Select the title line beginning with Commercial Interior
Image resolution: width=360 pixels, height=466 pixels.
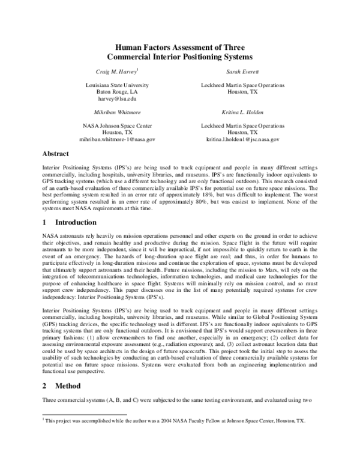[180, 57]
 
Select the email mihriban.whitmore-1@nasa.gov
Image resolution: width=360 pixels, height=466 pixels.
[117, 139]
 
